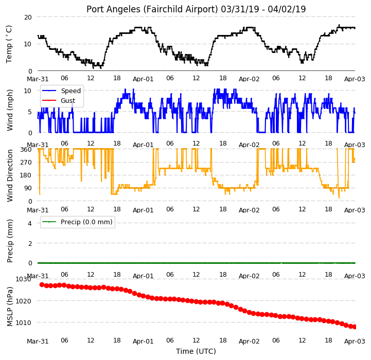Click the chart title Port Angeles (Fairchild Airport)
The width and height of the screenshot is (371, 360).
152,9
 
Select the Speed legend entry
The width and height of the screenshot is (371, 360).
61,91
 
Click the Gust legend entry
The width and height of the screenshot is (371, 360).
59,100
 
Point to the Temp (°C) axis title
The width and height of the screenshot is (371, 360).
9,44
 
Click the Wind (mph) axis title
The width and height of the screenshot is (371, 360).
10,110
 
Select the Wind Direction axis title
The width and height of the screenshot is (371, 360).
10,175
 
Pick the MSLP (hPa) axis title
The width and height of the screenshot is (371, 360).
10,307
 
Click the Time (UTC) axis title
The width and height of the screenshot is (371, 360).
196,351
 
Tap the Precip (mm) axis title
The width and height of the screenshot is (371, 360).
10,241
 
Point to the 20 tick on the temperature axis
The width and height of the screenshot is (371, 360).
28,17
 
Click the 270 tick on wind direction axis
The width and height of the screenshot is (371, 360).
26,163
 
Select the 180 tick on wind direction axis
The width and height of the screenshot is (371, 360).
26,175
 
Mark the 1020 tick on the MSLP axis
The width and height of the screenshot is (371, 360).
23,301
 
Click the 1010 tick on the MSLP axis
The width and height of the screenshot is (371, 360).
23,322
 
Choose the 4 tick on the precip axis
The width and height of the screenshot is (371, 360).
30,223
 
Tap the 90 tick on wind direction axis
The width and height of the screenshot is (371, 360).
28,188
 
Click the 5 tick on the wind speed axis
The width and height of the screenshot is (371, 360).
30,112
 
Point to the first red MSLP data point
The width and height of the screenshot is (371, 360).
42,285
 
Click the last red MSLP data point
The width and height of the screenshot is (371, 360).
355,327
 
